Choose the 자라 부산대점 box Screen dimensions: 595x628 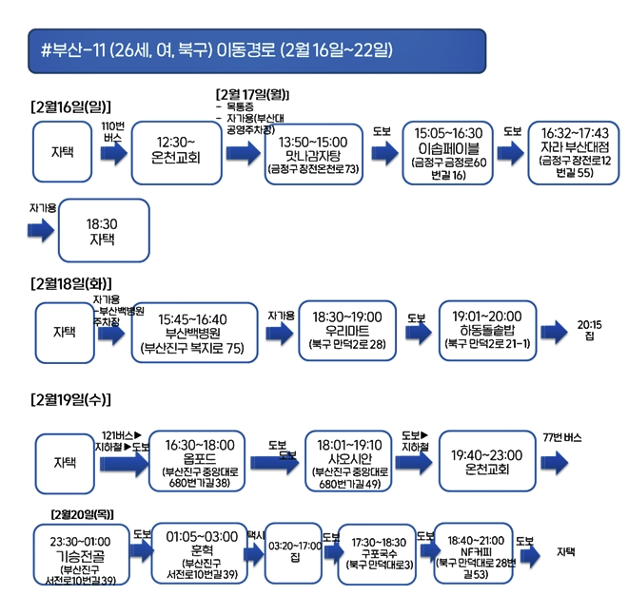(x=574, y=152)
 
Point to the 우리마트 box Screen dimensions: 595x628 (x=340, y=329)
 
